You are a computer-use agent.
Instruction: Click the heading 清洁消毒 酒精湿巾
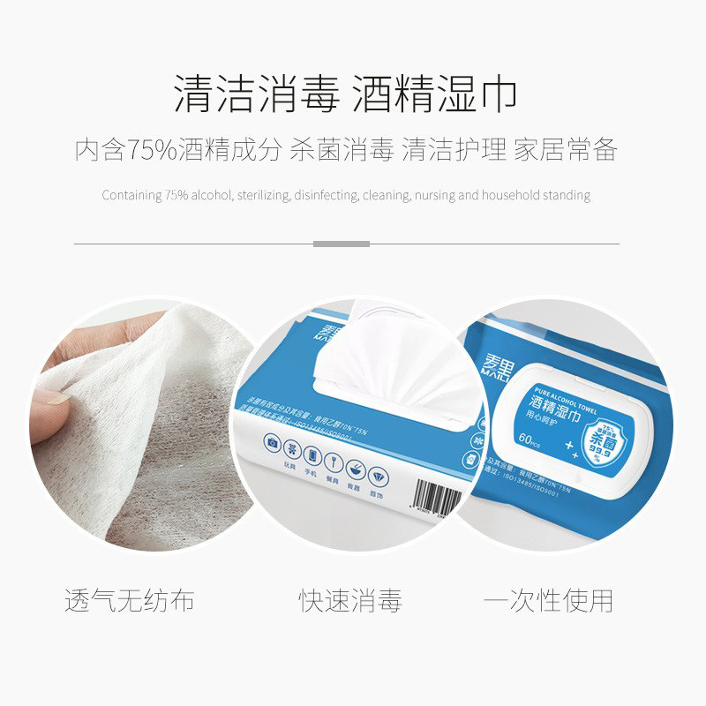point(345,94)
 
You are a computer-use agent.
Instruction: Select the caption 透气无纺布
point(129,602)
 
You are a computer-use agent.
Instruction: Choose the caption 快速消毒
point(350,602)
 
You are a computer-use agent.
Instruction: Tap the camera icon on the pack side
point(272,441)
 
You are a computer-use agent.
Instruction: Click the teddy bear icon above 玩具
point(292,447)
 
